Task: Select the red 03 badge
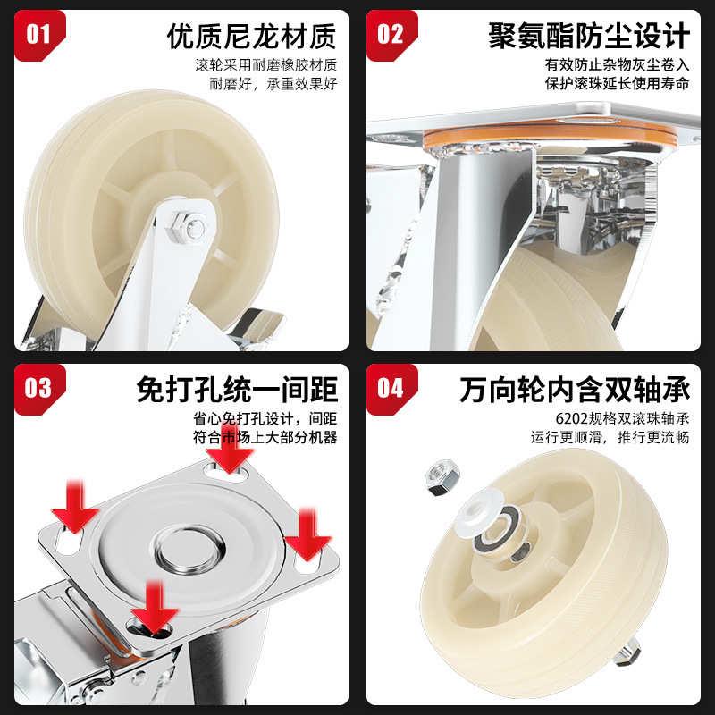click(x=38, y=390)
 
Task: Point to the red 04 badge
click(x=391, y=390)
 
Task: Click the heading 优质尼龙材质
click(x=252, y=37)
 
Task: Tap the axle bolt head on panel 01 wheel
click(x=190, y=228)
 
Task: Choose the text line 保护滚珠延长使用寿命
click(x=617, y=85)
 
